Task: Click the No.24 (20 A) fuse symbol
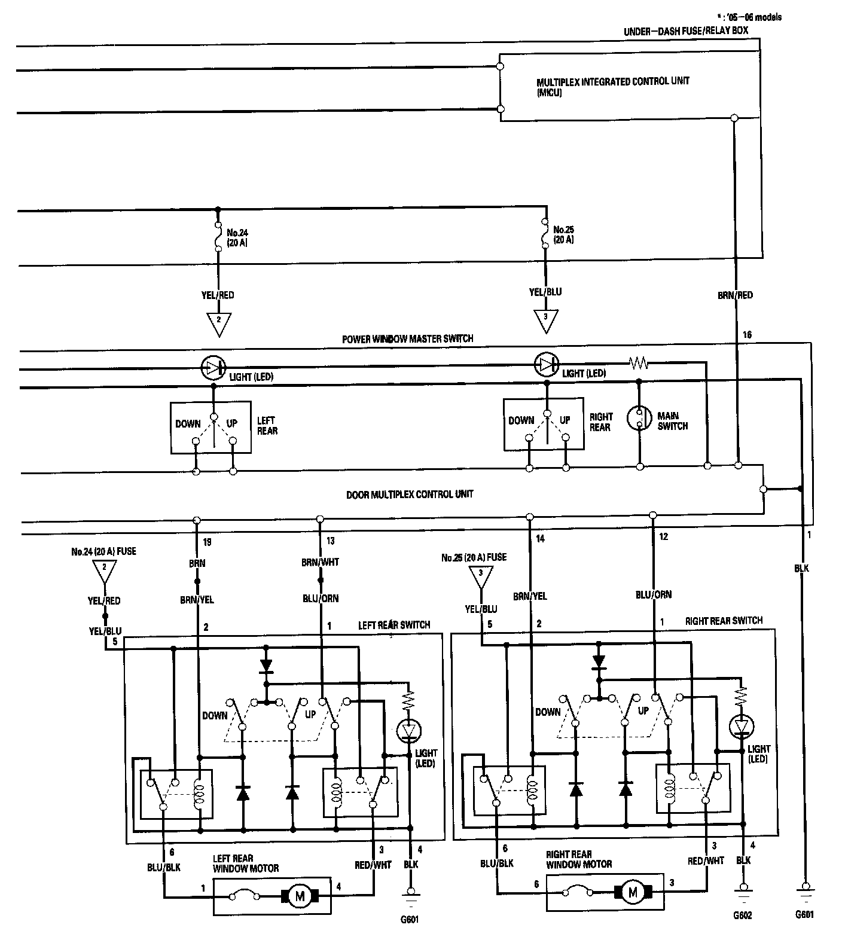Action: click(x=217, y=236)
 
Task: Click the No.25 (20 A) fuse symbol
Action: click(x=545, y=234)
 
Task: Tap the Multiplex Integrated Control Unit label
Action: click(x=612, y=86)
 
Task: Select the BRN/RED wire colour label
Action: click(x=735, y=295)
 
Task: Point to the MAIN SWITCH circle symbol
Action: click(x=639, y=419)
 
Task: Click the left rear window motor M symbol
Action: click(x=300, y=895)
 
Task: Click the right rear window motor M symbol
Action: click(x=633, y=892)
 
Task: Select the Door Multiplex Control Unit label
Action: click(x=410, y=495)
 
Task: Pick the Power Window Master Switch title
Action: click(x=407, y=338)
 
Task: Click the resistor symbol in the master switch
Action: click(x=639, y=363)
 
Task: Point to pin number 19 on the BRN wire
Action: click(x=207, y=542)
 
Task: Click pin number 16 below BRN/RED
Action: click(x=747, y=335)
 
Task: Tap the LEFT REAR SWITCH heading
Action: click(x=393, y=625)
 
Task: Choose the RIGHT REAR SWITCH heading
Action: click(x=724, y=621)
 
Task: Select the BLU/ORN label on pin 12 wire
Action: click(x=654, y=594)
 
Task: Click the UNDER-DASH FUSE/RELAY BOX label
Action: click(x=685, y=30)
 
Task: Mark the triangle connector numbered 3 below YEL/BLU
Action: click(x=545, y=320)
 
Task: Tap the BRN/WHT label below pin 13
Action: click(x=321, y=562)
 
